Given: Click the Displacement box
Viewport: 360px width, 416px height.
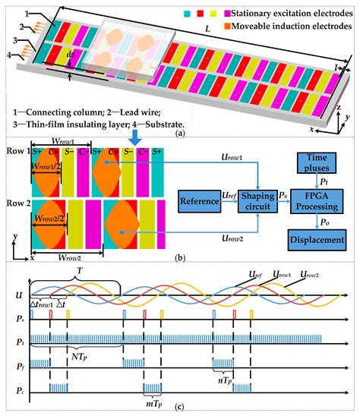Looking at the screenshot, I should coord(320,241).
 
